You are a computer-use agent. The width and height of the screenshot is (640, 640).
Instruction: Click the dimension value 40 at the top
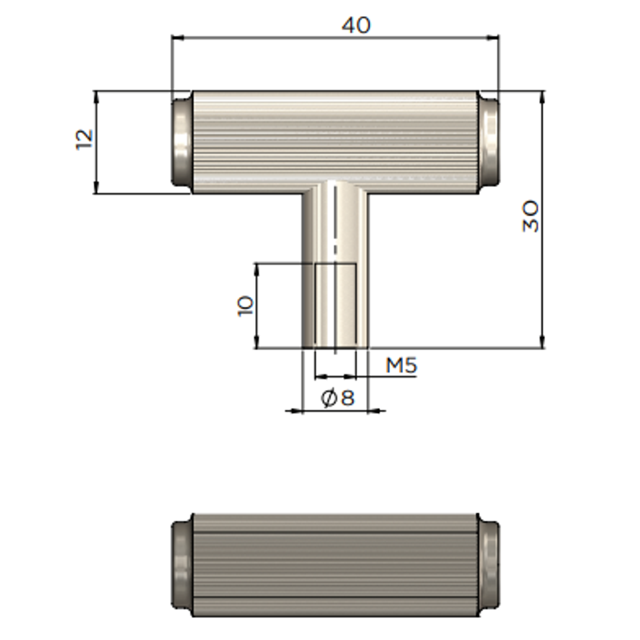[356, 25]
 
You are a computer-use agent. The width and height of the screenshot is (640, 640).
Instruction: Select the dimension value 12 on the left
[85, 139]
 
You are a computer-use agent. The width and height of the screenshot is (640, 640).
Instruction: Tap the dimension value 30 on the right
[531, 216]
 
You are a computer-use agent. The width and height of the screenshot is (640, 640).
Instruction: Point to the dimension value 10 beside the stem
[245, 306]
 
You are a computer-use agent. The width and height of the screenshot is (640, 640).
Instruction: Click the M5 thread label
[401, 366]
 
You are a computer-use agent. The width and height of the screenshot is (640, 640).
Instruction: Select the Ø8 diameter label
[338, 398]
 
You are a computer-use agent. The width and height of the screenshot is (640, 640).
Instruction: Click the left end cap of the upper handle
[181, 142]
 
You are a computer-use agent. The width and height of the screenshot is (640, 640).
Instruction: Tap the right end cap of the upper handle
[489, 142]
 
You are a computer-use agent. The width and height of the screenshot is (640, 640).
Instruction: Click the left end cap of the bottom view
[181, 565]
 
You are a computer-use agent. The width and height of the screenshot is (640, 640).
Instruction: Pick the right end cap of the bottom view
[489, 565]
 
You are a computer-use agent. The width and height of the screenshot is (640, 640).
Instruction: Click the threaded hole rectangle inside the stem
[335, 305]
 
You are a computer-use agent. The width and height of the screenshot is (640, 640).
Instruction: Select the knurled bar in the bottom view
[335, 565]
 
